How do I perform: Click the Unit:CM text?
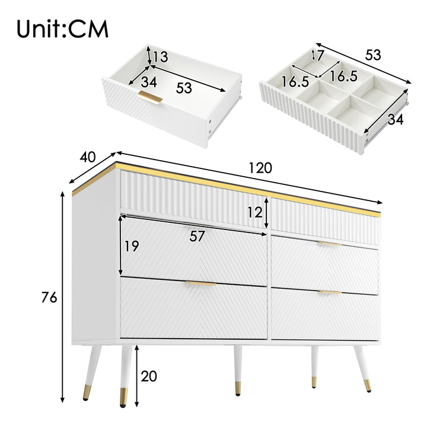pos(63,28)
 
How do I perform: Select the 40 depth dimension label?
pos(87,157)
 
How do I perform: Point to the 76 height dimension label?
pos(50,298)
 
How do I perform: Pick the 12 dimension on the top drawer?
pos(254,212)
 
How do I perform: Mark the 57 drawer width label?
pos(197,236)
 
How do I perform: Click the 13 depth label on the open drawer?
pos(160,58)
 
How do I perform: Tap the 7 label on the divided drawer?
pos(320,57)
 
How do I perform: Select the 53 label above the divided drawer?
pos(373,55)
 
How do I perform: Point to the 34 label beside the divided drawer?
pos(396,119)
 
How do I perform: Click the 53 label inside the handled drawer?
pos(184,88)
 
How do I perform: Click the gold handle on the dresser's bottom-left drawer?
pos(201,284)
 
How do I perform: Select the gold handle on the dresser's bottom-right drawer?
pos(329,292)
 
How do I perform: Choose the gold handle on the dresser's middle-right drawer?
pos(329,244)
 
